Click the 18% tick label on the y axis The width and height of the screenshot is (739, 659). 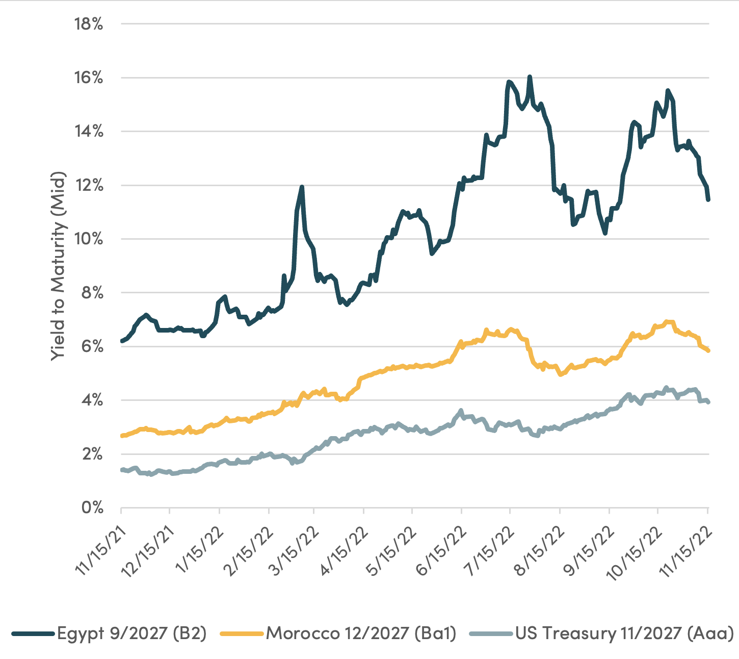point(89,24)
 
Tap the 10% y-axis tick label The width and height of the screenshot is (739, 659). point(89,239)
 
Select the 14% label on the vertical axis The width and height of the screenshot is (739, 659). point(89,132)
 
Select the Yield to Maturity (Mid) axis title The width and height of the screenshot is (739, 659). point(58,266)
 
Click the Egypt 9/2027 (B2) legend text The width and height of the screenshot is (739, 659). point(131,633)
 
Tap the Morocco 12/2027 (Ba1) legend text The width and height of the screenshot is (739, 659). point(361,633)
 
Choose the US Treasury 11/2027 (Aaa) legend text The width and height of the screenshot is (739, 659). point(624,633)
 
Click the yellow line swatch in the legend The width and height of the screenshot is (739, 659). point(242,633)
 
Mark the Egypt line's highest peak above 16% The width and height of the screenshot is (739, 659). point(530,77)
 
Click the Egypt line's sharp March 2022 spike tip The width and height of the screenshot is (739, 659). point(302,187)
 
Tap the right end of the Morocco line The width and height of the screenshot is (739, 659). point(708,350)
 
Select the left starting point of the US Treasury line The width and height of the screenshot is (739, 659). point(121,470)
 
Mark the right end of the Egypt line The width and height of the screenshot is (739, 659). point(708,200)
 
